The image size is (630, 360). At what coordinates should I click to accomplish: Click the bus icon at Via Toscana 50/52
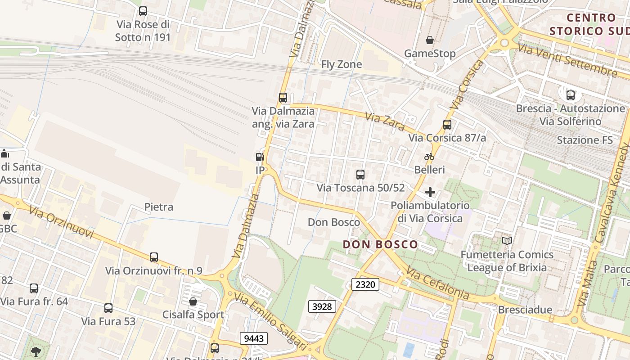[360, 175]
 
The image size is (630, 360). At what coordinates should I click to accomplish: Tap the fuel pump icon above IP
[260, 157]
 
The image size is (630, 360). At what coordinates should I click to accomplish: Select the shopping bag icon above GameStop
[430, 40]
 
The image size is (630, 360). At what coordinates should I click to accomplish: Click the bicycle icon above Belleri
[429, 157]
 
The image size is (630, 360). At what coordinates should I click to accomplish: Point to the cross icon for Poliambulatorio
[430, 193]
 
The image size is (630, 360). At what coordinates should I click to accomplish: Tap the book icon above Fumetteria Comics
[507, 241]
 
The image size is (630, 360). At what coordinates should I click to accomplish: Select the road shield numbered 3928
[322, 306]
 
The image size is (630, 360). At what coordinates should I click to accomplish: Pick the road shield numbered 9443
[254, 338]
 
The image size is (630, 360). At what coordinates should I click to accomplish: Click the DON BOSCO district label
[380, 245]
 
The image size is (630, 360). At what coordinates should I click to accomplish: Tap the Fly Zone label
[341, 65]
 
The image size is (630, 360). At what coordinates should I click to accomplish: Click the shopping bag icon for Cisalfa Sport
[193, 301]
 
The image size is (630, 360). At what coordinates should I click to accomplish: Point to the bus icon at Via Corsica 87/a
[447, 125]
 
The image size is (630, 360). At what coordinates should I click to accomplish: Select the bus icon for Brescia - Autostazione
[570, 95]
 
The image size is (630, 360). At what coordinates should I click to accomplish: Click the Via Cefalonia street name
[438, 283]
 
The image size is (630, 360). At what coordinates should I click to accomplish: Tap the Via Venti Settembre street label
[567, 60]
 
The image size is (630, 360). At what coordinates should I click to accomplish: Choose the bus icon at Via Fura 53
[108, 308]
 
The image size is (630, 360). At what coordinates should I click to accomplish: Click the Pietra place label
[158, 207]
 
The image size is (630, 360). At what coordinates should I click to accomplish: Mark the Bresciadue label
[525, 310]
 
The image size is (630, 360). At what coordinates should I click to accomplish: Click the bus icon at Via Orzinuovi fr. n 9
[154, 257]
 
